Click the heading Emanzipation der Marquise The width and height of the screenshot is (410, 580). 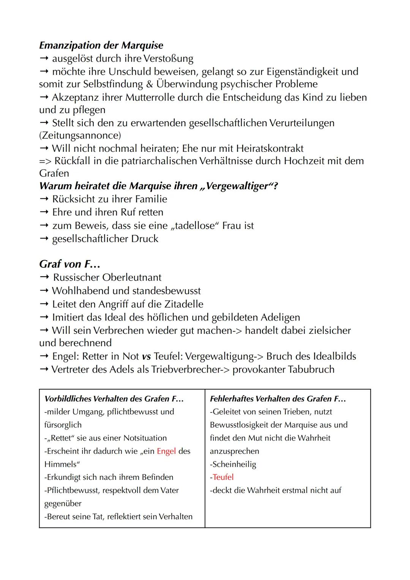pos(101,45)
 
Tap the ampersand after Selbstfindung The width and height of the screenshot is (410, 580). pos(149,84)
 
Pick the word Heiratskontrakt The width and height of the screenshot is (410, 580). pos(270,148)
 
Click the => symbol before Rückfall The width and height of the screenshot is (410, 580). pos(46,161)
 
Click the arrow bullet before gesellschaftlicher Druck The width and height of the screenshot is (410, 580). pos(44,239)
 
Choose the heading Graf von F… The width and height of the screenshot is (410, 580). pos(69,264)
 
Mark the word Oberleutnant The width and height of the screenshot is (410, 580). pos(131,277)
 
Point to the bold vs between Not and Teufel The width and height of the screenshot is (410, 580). pos(146,356)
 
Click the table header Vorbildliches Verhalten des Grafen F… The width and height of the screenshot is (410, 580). pos(114,399)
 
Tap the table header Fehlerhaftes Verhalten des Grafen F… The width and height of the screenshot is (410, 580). pos(278,399)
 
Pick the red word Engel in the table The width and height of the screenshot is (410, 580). pos(166,451)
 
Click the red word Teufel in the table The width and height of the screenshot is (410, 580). pos(223,477)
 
